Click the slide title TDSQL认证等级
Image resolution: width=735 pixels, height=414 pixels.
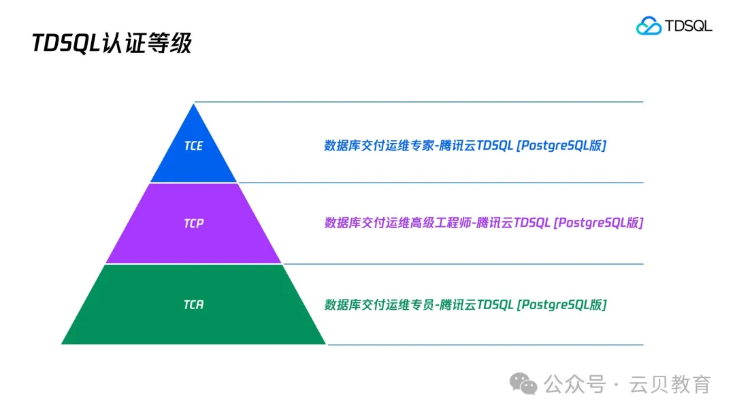112,44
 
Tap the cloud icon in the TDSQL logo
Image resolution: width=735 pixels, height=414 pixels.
649,26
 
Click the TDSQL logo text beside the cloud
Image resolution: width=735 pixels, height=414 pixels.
688,26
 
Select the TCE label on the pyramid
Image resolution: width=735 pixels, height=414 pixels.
193,146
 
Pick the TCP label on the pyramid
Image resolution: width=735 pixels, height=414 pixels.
193,223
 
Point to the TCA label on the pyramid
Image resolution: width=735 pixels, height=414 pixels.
193,304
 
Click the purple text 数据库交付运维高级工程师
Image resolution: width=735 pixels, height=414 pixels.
397,223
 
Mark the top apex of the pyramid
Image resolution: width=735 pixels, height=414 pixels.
195,104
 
